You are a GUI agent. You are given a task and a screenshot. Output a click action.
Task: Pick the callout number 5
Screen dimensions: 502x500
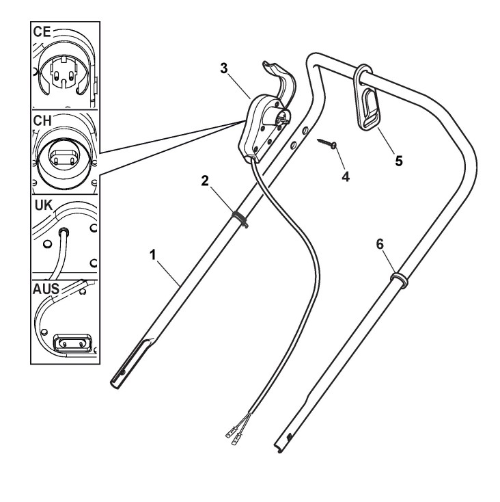point(398,161)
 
